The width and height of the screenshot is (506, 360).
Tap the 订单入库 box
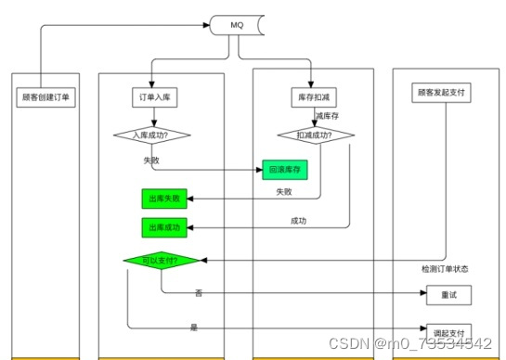(152, 96)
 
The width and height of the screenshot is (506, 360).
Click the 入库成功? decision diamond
(152, 135)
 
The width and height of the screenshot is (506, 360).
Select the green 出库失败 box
(163, 198)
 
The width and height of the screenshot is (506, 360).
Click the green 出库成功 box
(163, 227)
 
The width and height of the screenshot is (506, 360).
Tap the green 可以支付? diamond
(162, 261)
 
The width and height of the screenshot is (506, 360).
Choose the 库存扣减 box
(312, 96)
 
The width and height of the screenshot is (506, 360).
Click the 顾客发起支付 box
(440, 94)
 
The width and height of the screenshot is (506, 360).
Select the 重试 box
(449, 296)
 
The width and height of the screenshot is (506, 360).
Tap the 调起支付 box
(449, 331)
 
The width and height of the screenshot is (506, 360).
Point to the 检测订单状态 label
(445, 269)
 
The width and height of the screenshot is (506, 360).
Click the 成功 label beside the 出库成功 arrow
(299, 221)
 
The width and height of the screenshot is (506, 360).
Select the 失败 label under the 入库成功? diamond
(152, 160)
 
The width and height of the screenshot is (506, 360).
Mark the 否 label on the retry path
(199, 293)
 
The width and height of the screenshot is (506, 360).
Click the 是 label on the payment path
(194, 328)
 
